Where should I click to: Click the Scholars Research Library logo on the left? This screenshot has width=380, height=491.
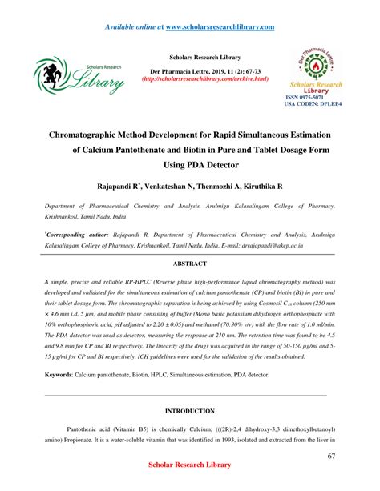click(79, 76)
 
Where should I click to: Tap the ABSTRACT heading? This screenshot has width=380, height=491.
click(189, 263)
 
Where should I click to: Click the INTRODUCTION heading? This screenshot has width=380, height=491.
click(189, 410)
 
